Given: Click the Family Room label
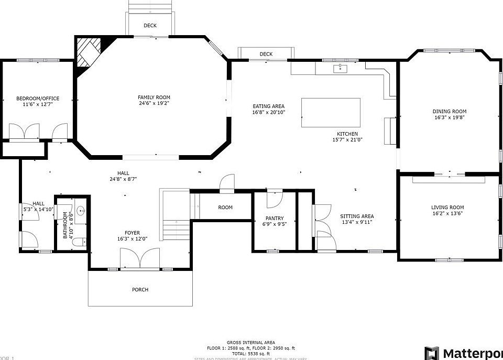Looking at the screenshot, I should [x=154, y=97].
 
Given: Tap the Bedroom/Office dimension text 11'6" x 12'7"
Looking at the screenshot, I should [x=38, y=105].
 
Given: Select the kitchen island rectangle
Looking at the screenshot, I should [x=331, y=113].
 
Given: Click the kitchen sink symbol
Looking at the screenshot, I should [x=340, y=68].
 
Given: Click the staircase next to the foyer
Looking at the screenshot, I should [x=175, y=215].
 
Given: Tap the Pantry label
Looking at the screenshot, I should [x=275, y=219].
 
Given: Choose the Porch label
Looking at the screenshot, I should [x=140, y=290].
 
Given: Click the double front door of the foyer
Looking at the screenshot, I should [x=140, y=258].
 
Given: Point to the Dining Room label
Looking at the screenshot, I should [x=449, y=111].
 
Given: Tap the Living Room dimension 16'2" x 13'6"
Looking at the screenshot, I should [x=447, y=213].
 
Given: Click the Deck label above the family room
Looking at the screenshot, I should [x=150, y=26].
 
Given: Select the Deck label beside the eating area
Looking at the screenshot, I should [x=266, y=54].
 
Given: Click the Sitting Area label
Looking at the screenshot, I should [x=357, y=216].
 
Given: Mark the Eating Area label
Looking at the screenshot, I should [x=268, y=106].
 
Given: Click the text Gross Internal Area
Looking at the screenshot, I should [x=250, y=342].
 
